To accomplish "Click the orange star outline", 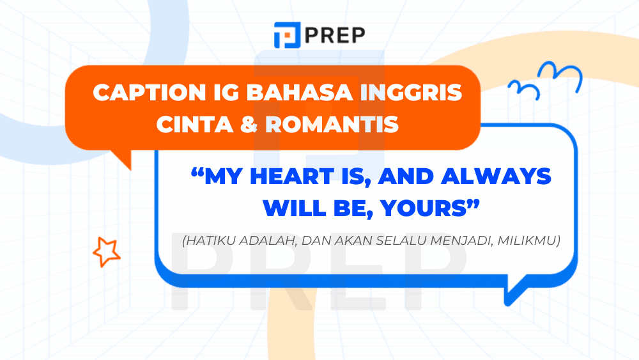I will coord(106,251).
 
